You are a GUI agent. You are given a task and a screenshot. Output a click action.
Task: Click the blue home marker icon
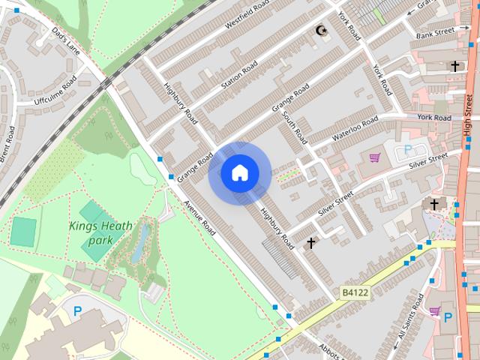click(239, 173)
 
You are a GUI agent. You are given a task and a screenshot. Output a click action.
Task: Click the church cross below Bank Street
click(454, 67)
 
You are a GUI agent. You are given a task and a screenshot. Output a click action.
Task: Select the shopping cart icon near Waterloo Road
click(374, 157)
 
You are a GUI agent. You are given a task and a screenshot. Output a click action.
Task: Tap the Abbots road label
click(330, 350)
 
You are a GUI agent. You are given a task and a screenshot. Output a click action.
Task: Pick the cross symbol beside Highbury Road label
click(311, 243)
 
